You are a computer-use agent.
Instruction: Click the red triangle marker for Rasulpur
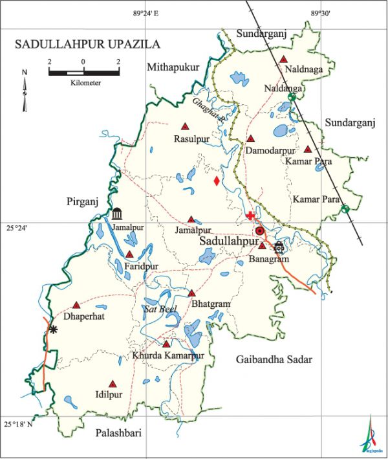point(185,127)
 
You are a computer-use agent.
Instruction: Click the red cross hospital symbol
point(250,216)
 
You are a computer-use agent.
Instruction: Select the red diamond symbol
point(217,181)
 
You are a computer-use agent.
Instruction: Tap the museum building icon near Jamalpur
point(117,214)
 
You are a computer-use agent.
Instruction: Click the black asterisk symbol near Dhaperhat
point(53,330)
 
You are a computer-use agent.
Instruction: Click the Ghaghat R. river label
point(209,111)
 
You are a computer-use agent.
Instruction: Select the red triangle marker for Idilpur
point(113,383)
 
